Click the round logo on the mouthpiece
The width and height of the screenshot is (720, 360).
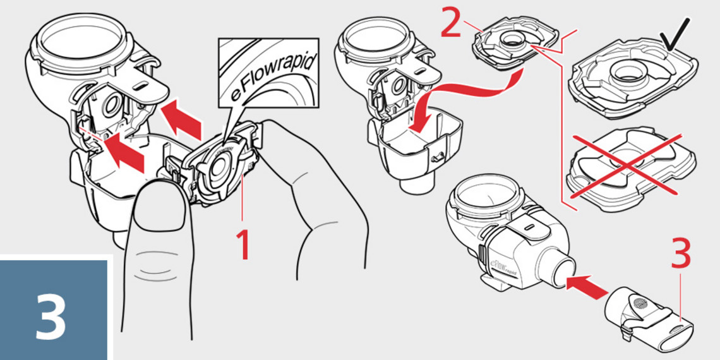641,303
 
